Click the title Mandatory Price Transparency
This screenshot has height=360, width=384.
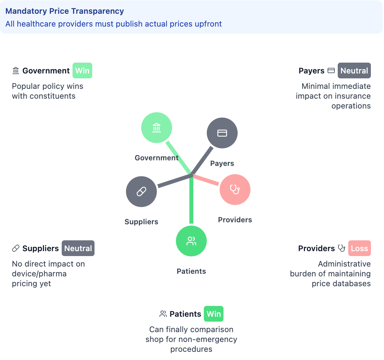point(65,11)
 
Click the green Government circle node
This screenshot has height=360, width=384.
point(157,128)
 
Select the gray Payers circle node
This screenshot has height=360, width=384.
point(222,133)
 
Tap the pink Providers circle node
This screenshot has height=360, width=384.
point(235,190)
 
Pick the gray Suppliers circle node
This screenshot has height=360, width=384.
point(141,191)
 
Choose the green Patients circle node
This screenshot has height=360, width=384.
point(191,241)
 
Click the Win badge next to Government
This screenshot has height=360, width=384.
point(82,70)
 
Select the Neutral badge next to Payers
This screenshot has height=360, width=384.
point(354,70)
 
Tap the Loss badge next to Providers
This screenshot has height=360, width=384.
point(359,248)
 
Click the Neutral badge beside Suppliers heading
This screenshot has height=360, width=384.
point(78,248)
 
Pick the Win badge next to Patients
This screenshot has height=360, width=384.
point(214,314)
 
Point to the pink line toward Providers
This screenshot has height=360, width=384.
point(206,180)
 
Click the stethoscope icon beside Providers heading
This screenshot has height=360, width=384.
point(342,248)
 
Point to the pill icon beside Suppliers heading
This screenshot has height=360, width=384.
point(16,248)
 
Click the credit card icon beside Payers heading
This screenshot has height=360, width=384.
point(331,70)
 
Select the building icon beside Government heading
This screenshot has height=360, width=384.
point(16,70)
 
